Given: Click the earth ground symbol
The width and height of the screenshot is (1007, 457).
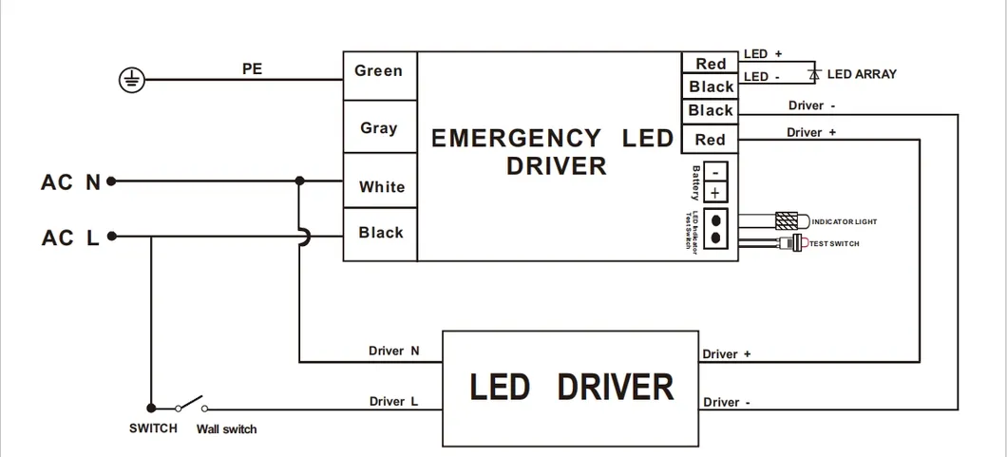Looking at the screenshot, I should (134, 81).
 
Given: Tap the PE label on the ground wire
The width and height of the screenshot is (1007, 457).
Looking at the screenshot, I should (252, 69).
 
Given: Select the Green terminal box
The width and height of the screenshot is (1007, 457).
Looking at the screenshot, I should (379, 71).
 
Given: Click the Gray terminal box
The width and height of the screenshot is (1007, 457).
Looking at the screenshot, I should (379, 128).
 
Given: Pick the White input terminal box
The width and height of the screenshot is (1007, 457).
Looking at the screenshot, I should (381, 187).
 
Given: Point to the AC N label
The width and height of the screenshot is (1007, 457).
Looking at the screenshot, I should (71, 181).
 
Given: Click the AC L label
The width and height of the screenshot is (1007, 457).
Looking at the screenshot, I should (71, 238).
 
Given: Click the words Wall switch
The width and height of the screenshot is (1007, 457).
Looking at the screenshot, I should (226, 429).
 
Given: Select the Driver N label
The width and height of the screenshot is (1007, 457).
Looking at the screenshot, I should (393, 351).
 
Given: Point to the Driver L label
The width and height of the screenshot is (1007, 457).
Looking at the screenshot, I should (393, 401).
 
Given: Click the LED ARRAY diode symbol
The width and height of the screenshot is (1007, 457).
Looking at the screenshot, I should (813, 73).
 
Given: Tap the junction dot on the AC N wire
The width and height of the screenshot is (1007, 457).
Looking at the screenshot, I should (299, 181).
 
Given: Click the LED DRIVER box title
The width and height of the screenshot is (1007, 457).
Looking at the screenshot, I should (572, 388).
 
